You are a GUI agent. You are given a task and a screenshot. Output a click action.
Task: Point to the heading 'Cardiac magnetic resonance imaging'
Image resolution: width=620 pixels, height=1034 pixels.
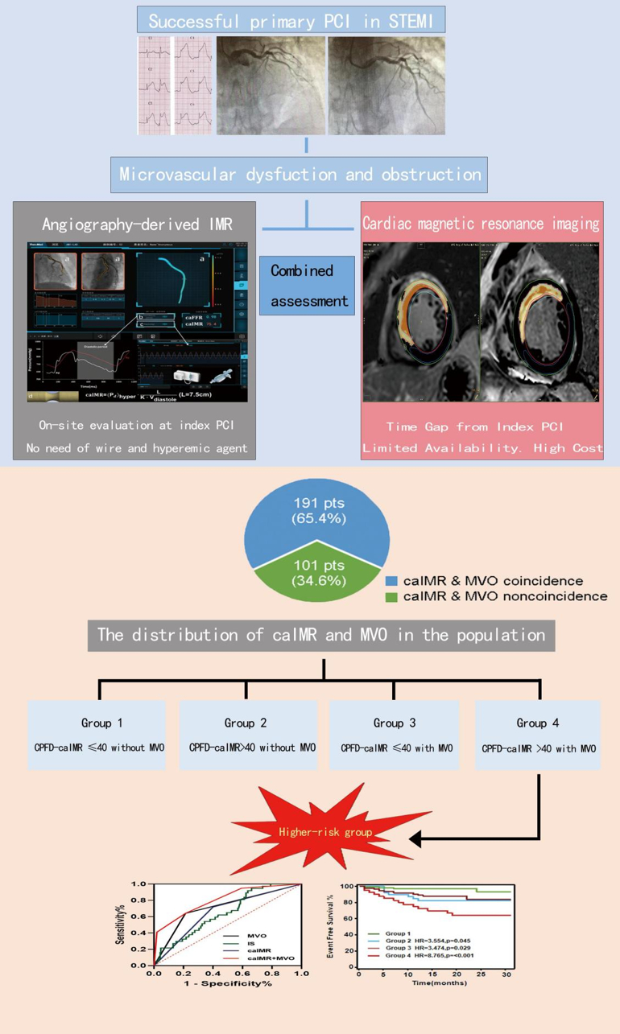(x=481, y=224)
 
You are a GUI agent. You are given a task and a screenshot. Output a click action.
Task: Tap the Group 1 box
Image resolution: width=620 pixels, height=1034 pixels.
(x=97, y=735)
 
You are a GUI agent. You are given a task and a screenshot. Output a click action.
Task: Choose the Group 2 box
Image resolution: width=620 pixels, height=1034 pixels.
(x=246, y=735)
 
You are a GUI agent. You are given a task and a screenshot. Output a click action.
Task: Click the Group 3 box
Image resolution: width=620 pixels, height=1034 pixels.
(x=395, y=735)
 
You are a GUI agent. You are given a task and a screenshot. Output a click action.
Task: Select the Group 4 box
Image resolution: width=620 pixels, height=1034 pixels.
(x=538, y=735)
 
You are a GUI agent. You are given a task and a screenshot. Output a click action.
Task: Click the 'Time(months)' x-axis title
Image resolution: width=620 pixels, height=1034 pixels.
(x=438, y=983)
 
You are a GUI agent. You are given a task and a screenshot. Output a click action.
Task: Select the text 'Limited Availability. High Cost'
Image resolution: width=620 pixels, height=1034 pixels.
(x=482, y=448)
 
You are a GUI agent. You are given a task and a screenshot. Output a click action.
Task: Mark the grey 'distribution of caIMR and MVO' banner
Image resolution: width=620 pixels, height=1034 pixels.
(x=320, y=634)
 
